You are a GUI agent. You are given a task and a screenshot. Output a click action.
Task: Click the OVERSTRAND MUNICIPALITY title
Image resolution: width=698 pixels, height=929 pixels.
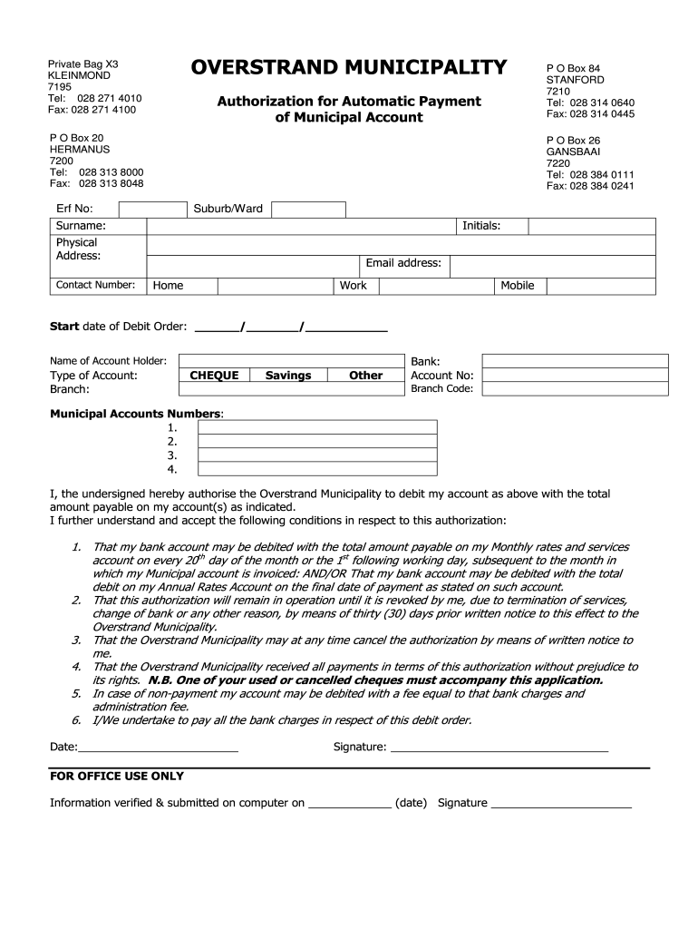pos(349,67)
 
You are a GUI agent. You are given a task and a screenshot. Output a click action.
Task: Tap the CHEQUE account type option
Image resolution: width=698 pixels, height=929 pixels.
pos(214,375)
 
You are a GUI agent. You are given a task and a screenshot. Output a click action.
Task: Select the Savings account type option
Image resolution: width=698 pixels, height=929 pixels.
pos(288,375)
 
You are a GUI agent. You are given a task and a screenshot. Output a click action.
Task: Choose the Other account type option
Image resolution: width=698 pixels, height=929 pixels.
pos(365,375)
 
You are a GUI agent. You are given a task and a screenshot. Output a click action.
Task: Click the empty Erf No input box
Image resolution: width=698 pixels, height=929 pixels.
pos(152,209)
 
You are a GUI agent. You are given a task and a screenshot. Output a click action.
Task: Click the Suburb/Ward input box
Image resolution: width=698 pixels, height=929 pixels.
pos(308,209)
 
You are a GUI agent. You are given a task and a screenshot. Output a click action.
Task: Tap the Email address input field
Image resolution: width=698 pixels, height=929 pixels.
pos(552,265)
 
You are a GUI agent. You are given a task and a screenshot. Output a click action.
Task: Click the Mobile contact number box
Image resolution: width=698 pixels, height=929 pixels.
pos(598,286)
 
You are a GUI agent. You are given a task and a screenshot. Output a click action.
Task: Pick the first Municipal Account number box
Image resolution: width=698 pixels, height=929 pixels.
pos(317,427)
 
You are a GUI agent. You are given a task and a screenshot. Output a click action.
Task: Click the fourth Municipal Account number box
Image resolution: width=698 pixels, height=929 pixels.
pos(317,469)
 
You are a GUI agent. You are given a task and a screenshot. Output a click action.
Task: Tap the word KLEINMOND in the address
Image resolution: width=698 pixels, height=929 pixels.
pos(79,75)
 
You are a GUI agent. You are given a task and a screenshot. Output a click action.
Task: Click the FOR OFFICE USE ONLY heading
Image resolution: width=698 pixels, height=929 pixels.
pos(117,777)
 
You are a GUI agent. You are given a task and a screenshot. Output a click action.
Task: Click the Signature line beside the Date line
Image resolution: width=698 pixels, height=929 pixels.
pos(499,748)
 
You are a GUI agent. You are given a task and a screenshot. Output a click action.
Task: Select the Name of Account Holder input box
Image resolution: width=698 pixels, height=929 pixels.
pos(290,360)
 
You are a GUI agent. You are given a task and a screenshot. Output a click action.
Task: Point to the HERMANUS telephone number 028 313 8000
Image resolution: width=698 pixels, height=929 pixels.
pos(111,172)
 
